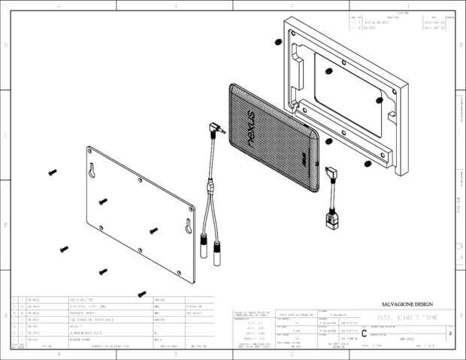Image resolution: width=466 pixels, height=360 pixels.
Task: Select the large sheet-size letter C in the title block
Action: pos(365,333)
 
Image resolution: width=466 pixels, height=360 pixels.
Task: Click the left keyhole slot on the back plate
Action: pos(93,169)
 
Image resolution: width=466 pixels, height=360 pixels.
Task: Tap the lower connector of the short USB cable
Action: pos(330,219)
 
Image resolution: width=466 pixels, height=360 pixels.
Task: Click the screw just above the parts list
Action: pos(141,294)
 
